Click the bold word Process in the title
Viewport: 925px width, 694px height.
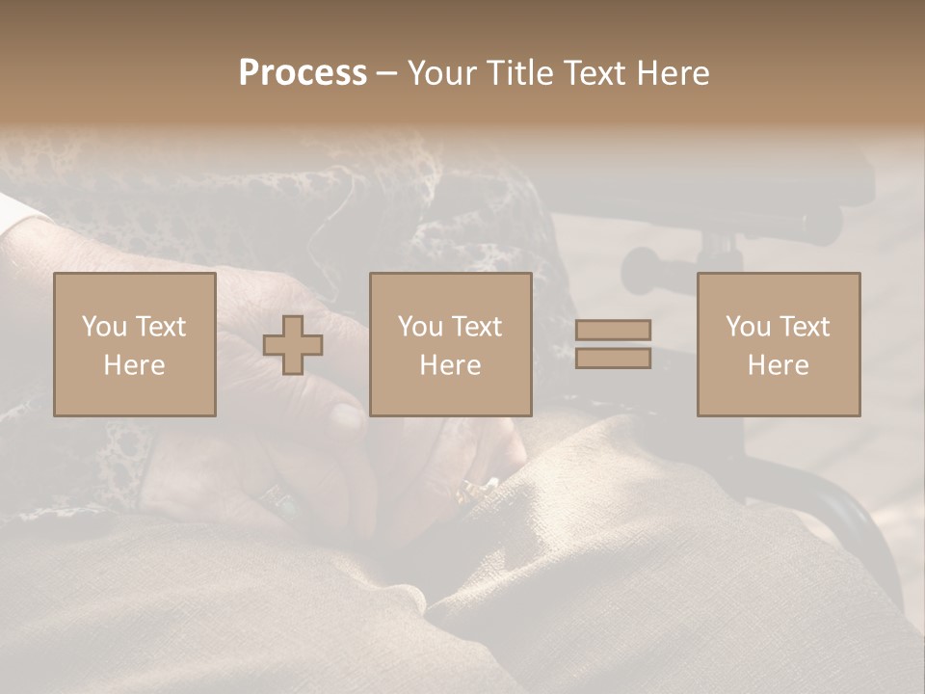[x=303, y=73]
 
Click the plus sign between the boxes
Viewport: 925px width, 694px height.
[x=293, y=345]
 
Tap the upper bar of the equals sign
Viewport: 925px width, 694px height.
[x=613, y=330]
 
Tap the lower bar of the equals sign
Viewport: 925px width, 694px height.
[x=613, y=359]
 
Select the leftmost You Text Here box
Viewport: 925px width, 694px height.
[x=134, y=344]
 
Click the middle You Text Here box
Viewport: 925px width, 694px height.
[x=450, y=344]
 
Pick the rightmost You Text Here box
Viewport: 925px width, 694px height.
[x=778, y=344]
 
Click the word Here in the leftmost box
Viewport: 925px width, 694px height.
[x=134, y=365]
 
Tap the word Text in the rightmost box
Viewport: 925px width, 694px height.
[x=805, y=327]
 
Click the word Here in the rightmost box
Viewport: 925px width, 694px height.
[x=778, y=365]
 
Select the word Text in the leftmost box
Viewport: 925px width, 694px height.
[x=161, y=327]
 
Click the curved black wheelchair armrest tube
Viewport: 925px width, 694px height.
[x=838, y=511]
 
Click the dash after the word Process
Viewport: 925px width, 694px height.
[x=387, y=73]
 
